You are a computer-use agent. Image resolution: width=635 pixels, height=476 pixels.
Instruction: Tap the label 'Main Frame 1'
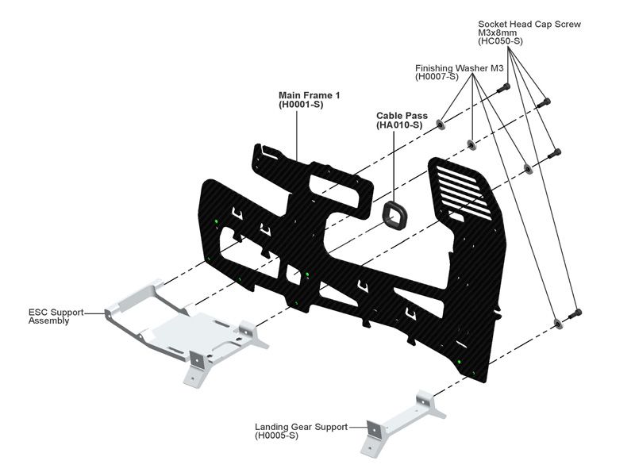click(x=309, y=95)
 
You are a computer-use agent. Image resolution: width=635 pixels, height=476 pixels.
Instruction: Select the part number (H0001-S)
click(x=298, y=105)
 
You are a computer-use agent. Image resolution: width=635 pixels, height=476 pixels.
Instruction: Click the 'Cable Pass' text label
click(x=402, y=116)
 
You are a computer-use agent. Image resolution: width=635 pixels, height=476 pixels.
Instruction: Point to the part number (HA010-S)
click(x=399, y=125)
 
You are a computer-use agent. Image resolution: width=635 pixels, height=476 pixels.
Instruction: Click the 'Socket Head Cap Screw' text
click(x=529, y=24)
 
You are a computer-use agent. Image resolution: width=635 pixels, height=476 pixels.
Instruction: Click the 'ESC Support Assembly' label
click(x=56, y=316)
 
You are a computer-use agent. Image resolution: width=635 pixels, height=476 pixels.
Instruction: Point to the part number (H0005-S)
click(x=277, y=436)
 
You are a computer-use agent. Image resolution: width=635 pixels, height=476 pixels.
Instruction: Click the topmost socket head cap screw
click(x=502, y=88)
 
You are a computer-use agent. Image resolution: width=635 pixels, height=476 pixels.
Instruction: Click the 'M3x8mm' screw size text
click(x=498, y=33)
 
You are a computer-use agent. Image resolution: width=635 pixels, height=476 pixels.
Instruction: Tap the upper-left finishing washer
click(x=441, y=125)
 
